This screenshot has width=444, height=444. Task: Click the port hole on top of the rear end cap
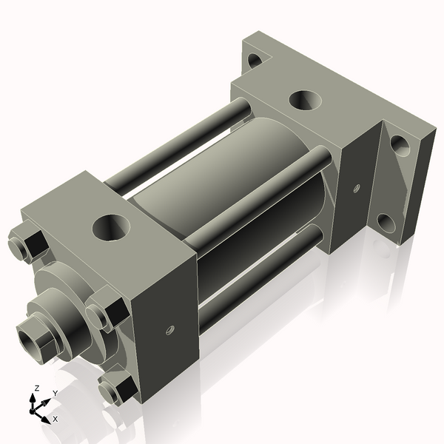303,100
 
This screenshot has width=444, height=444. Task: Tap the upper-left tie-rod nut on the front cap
27,246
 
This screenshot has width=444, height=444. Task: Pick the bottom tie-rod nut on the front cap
116,388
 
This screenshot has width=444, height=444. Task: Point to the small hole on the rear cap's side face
357,188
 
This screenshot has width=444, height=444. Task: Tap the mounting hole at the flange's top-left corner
254,59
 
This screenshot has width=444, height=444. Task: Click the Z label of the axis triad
36,388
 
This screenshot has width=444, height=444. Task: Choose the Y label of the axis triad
55,393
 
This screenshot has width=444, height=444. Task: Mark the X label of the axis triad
55,419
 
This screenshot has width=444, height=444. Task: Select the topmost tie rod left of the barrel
178,148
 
